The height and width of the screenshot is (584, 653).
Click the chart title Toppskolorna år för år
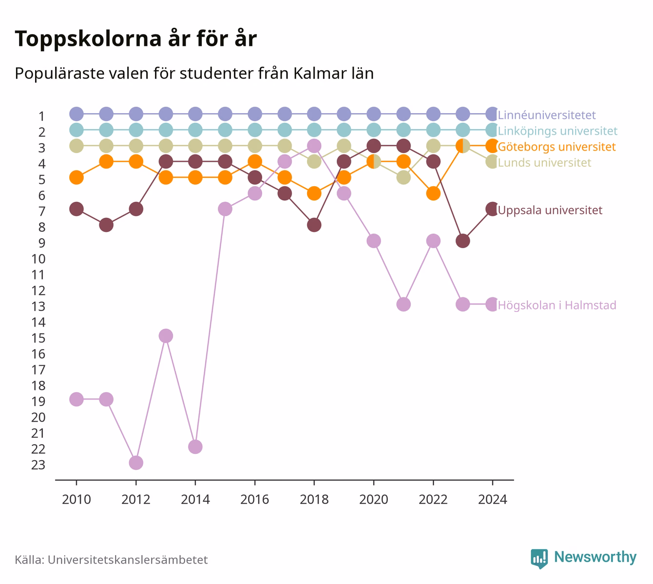click(135, 39)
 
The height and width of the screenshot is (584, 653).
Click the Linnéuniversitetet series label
click(547, 115)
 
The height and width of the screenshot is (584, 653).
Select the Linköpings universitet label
click(557, 131)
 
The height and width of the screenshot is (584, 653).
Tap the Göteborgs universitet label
click(557, 147)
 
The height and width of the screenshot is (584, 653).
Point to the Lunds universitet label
click(544, 162)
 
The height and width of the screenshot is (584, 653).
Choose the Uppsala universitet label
click(550, 210)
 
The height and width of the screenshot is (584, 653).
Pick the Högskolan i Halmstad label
click(557, 305)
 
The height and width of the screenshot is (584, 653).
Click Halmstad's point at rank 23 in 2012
click(136, 463)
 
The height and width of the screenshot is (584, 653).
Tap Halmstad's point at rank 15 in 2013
click(166, 336)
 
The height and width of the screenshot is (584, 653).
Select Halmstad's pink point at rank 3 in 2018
click(314, 146)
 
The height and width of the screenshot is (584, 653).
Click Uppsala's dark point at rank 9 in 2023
click(463, 241)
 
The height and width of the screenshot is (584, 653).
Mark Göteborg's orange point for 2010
click(77, 177)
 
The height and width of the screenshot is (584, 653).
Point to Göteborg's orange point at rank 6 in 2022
click(433, 194)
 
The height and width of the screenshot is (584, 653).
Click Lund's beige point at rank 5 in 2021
click(403, 177)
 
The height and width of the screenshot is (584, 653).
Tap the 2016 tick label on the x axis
click(255, 500)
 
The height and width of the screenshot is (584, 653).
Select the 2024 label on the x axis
click(493, 500)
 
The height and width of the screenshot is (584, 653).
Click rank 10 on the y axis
click(38, 259)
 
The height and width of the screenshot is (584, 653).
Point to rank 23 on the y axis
click(38, 465)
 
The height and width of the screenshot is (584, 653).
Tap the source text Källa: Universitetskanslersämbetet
click(111, 560)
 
